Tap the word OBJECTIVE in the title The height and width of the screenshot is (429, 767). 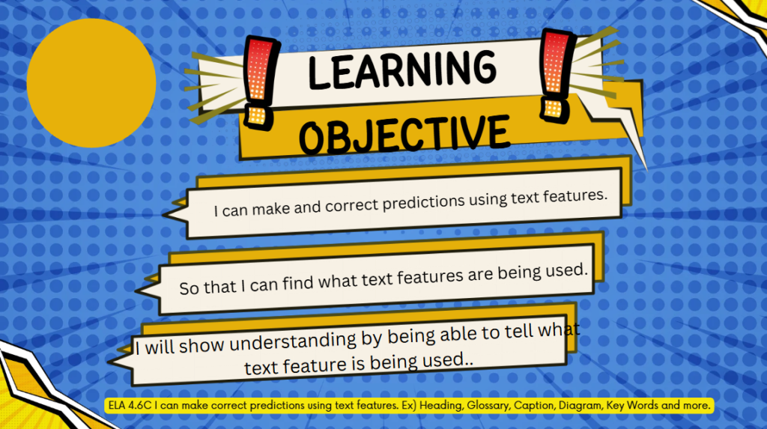(x=404, y=133)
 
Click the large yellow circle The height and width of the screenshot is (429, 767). (x=91, y=83)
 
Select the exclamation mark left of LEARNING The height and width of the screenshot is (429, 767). (x=261, y=82)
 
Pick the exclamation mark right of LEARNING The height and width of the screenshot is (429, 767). (x=557, y=75)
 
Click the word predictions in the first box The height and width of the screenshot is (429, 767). (x=423, y=202)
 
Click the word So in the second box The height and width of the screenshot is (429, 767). (x=189, y=288)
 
